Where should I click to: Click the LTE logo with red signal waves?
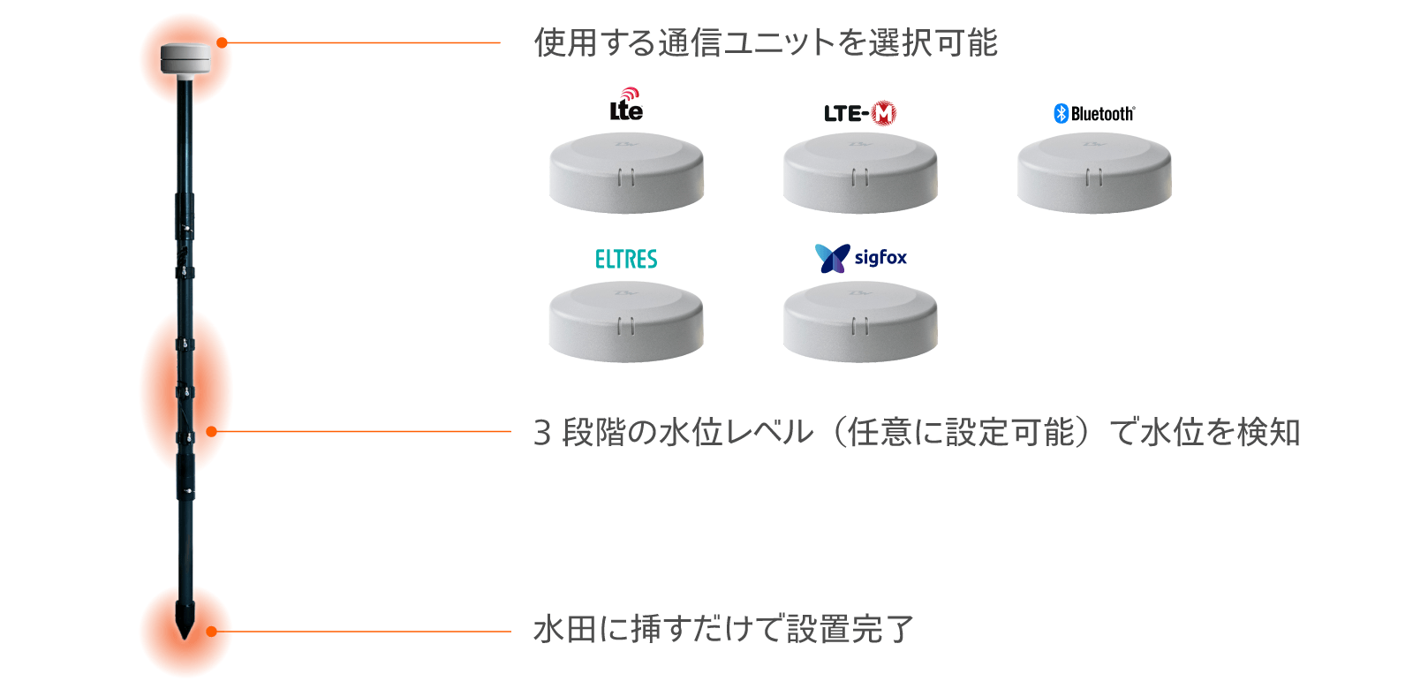click(626, 106)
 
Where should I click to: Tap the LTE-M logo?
click(859, 113)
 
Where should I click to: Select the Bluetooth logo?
click(1094, 113)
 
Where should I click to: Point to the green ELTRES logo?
click(626, 259)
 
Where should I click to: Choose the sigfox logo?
click(860, 258)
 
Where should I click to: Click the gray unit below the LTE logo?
click(626, 173)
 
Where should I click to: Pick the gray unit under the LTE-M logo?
click(860, 173)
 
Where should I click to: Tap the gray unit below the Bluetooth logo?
click(1094, 173)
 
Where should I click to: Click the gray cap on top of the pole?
click(185, 58)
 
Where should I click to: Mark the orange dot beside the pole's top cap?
click(222, 42)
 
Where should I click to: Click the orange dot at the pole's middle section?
click(211, 432)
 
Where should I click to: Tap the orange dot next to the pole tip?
click(211, 632)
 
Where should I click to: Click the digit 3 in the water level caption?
click(542, 433)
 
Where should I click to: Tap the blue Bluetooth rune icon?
click(1061, 113)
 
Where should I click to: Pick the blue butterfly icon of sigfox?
click(832, 258)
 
